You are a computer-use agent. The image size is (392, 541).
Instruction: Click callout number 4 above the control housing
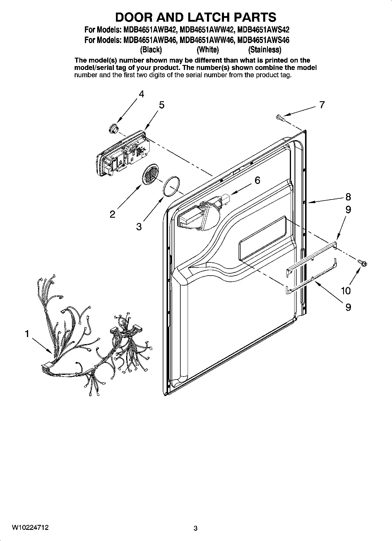tap(141, 94)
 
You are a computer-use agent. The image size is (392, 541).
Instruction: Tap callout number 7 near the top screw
tap(322, 105)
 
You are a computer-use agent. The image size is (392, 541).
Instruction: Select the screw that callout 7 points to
tap(280, 118)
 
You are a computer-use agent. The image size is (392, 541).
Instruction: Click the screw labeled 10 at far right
tap(362, 263)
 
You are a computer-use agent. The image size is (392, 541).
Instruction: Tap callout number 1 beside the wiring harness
tap(27, 334)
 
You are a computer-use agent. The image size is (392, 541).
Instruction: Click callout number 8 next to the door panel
tap(348, 197)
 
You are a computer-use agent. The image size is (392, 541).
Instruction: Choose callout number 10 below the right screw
tap(346, 291)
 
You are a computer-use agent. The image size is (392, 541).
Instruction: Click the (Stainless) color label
tap(264, 50)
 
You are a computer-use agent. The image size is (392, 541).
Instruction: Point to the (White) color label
tap(208, 50)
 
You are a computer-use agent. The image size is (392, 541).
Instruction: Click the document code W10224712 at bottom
tap(30, 528)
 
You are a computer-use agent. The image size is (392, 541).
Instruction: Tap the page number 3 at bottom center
tap(196, 528)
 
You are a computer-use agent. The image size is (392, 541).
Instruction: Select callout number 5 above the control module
tap(162, 105)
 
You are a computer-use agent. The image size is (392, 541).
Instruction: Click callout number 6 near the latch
tap(257, 180)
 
